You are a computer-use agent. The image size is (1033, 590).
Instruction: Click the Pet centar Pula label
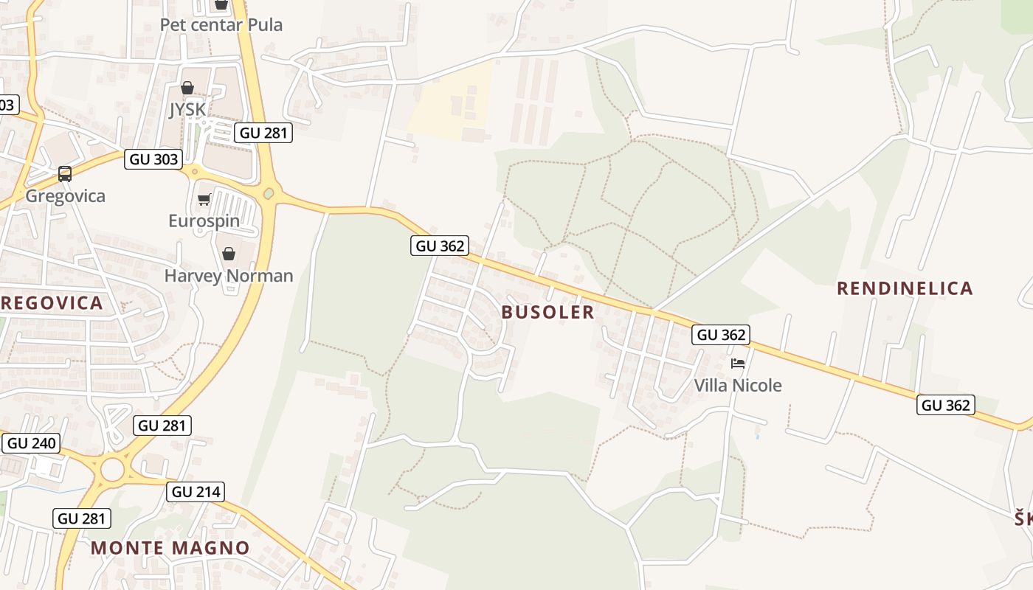[221, 24]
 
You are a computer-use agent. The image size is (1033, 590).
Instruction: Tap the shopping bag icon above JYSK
[187, 88]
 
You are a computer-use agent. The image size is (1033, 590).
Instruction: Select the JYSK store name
[187, 110]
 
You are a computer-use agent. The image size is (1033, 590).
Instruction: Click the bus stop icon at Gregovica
[65, 174]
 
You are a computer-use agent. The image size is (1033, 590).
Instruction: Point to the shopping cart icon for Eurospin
[204, 199]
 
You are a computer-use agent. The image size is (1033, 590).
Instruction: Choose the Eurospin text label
[204, 221]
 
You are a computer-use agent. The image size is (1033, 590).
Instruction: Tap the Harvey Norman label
[229, 276]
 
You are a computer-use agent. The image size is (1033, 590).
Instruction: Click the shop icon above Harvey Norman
[229, 254]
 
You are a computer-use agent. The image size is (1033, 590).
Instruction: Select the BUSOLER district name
[547, 312]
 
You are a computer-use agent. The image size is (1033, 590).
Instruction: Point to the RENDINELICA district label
[905, 288]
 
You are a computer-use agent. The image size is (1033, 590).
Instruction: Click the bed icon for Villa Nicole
[737, 364]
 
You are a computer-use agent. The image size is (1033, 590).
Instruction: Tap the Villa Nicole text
[737, 385]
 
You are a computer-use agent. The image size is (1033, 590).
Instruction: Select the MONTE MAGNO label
[170, 548]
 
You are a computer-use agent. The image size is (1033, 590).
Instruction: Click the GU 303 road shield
[153, 159]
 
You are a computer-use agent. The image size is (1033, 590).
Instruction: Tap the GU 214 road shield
[195, 492]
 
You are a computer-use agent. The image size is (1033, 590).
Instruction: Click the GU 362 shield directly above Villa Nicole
[721, 335]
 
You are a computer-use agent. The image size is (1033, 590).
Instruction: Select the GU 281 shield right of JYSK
[263, 133]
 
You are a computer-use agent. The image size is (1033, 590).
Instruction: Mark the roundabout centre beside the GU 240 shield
[112, 469]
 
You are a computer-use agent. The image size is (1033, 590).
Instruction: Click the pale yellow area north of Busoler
[450, 103]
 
